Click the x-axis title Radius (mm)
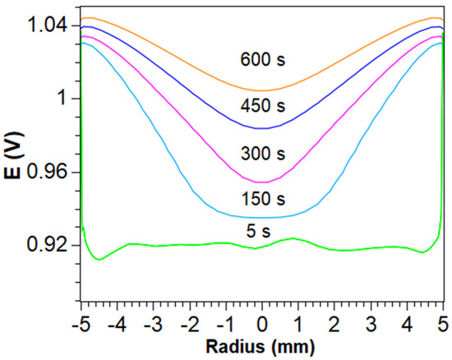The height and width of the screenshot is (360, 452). click(262, 342)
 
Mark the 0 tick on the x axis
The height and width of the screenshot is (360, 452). click(262, 320)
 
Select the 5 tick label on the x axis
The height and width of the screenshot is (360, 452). click(443, 320)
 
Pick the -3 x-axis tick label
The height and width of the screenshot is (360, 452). click(152, 320)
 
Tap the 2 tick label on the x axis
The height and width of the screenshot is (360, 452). click(334, 320)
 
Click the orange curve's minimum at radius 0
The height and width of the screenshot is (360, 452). click(262, 90)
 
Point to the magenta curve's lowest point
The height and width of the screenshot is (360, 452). click(262, 182)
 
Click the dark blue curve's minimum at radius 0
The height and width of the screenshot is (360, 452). click(262, 128)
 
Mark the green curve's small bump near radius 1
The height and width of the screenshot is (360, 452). click(293, 238)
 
